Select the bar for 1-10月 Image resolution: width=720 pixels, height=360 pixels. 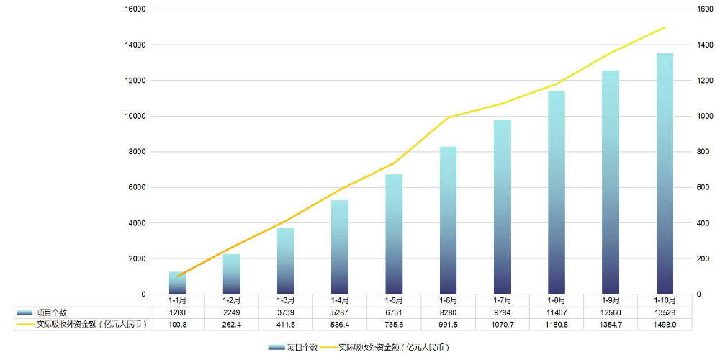pyautogui.click(x=665, y=173)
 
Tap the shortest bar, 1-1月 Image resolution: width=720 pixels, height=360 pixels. pyautogui.click(x=177, y=283)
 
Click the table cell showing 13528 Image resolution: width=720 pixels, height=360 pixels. pyautogui.click(x=665, y=312)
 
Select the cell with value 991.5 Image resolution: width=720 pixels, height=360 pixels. pyautogui.click(x=448, y=325)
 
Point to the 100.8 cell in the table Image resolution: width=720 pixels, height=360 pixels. pyautogui.click(x=177, y=325)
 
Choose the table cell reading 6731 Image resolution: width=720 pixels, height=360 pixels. pyautogui.click(x=394, y=312)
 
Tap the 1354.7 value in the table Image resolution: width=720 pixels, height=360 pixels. pyautogui.click(x=611, y=325)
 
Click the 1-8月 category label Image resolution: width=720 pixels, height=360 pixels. pyautogui.click(x=557, y=300)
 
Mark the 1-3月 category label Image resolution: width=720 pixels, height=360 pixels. pyautogui.click(x=286, y=300)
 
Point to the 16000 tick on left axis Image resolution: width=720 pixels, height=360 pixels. pyautogui.click(x=135, y=9)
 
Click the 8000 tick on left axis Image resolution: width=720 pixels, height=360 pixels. pyautogui.click(x=138, y=152)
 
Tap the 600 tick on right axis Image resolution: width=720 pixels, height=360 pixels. pyautogui.click(x=703, y=187)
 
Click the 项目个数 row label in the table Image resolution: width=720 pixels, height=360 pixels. pyautogui.click(x=52, y=312)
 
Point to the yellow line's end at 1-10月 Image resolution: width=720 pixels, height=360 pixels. pyautogui.click(x=665, y=27)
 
